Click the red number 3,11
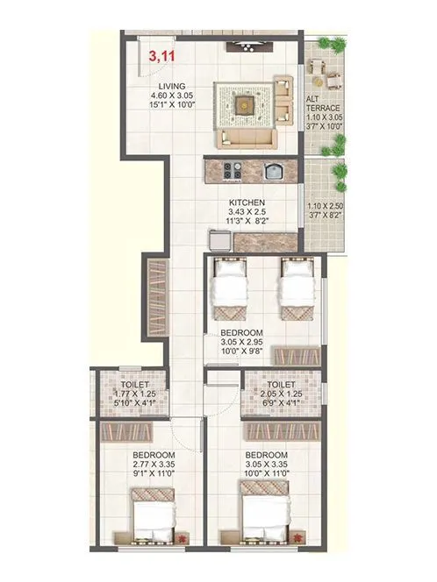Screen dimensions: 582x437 coord(161,58)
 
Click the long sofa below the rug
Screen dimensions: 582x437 coord(248,136)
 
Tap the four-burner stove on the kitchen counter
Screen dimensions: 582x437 coord(234,170)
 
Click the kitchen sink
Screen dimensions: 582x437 coord(273,170)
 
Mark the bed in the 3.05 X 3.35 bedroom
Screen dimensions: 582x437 coord(265,521)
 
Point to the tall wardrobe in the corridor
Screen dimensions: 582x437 coord(155,299)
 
